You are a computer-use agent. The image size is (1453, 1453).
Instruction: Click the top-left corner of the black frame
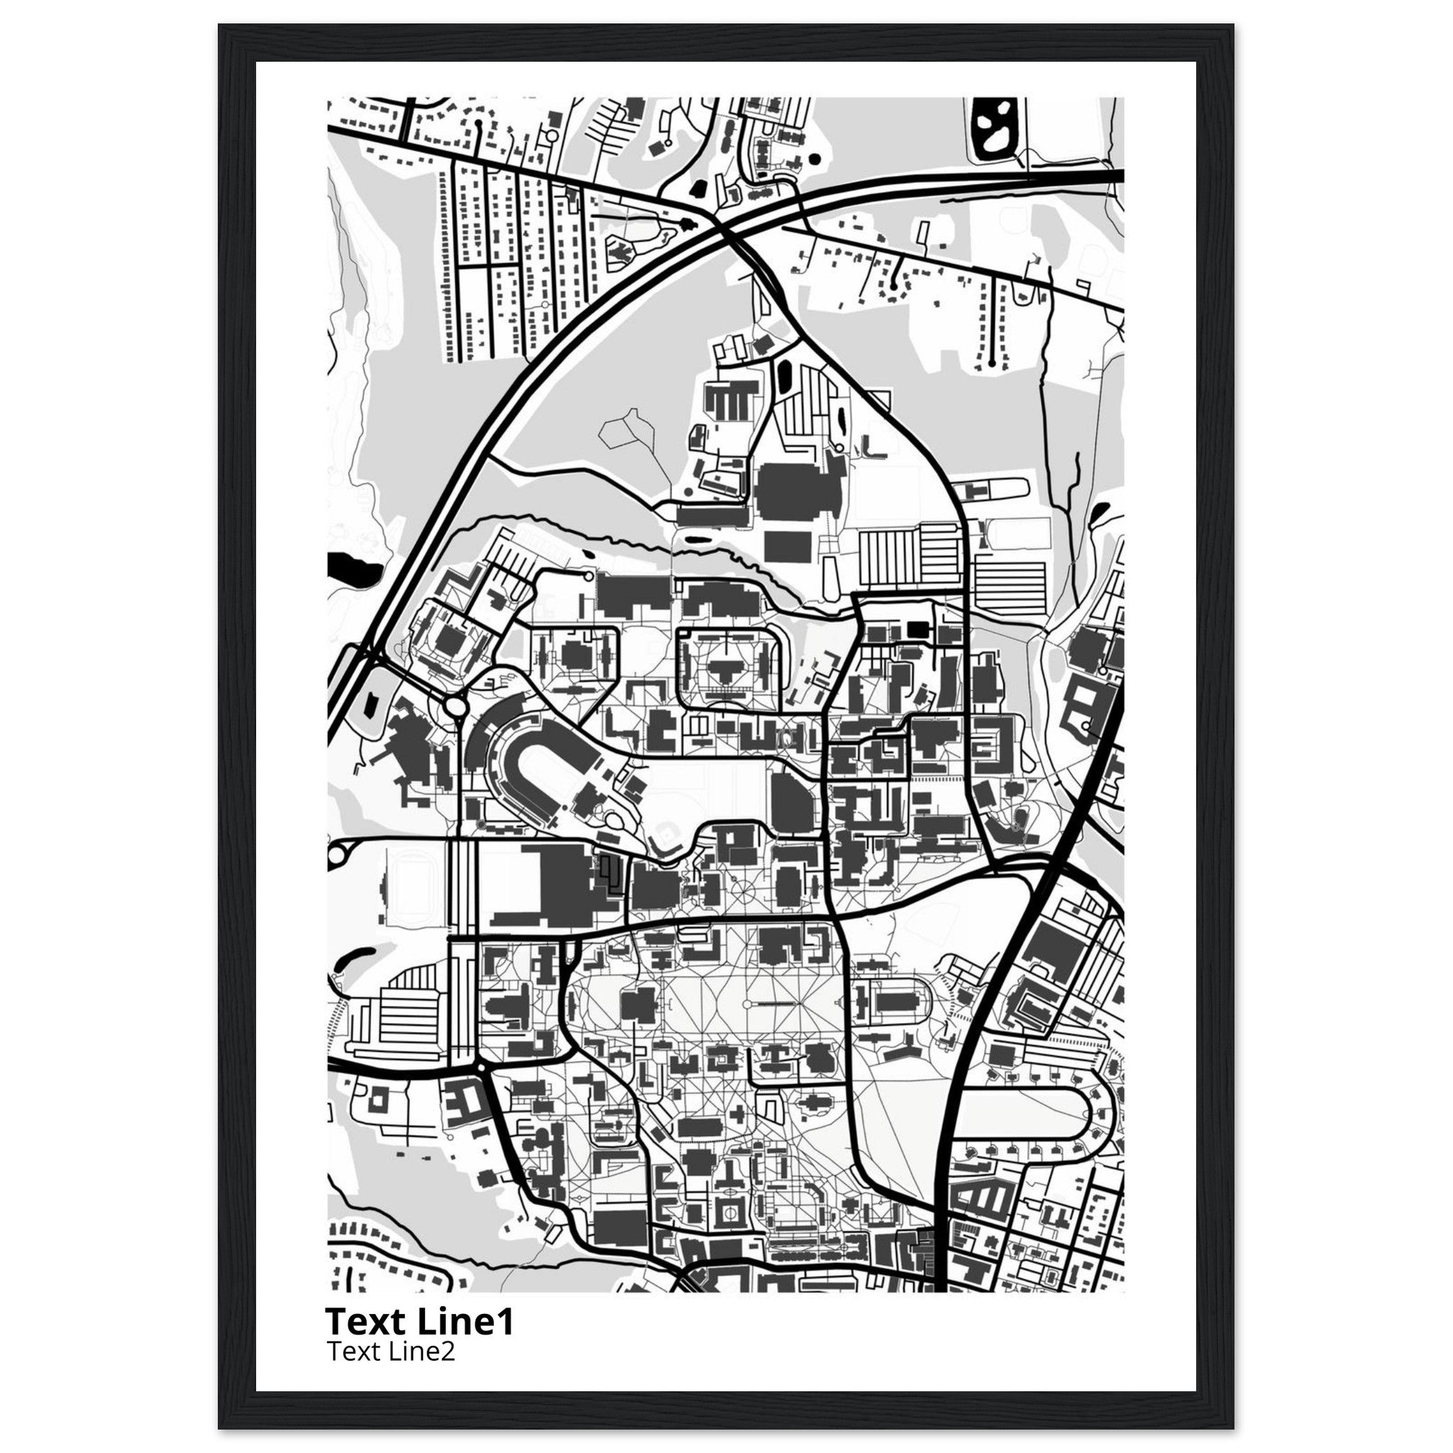tap(220, 26)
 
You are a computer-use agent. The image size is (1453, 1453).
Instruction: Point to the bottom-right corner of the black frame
tap(1232, 1427)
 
